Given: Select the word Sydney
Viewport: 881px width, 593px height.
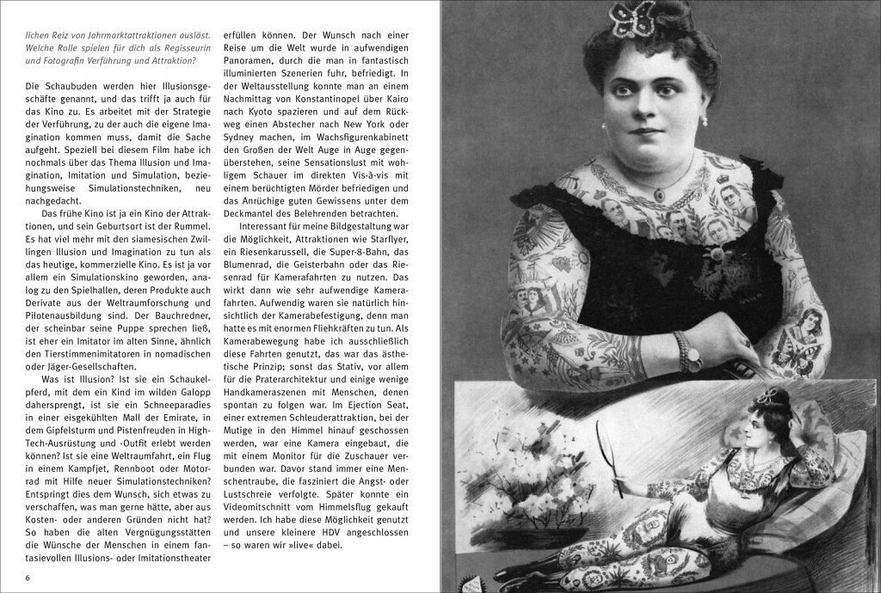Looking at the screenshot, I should coord(243,144).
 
